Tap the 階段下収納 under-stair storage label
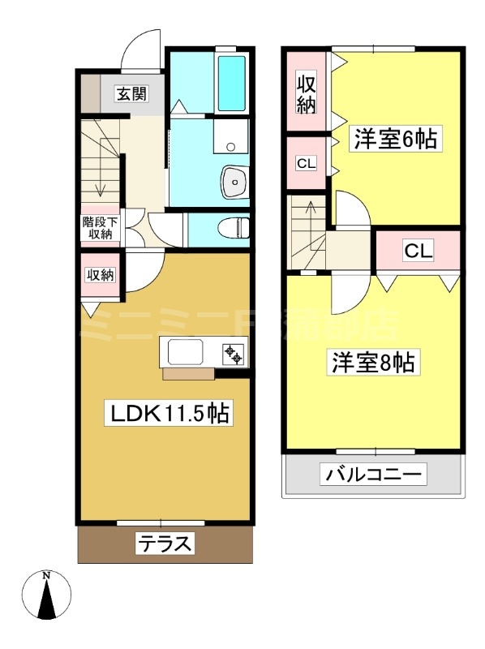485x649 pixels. (x=101, y=228)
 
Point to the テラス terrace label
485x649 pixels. (x=165, y=544)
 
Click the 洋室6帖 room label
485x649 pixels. (x=394, y=140)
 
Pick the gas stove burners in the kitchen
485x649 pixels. (x=234, y=353)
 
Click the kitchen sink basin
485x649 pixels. (x=187, y=353)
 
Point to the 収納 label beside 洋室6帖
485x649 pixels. (x=306, y=93)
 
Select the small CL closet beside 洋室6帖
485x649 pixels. (x=306, y=164)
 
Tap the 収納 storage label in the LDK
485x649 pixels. (x=100, y=275)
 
